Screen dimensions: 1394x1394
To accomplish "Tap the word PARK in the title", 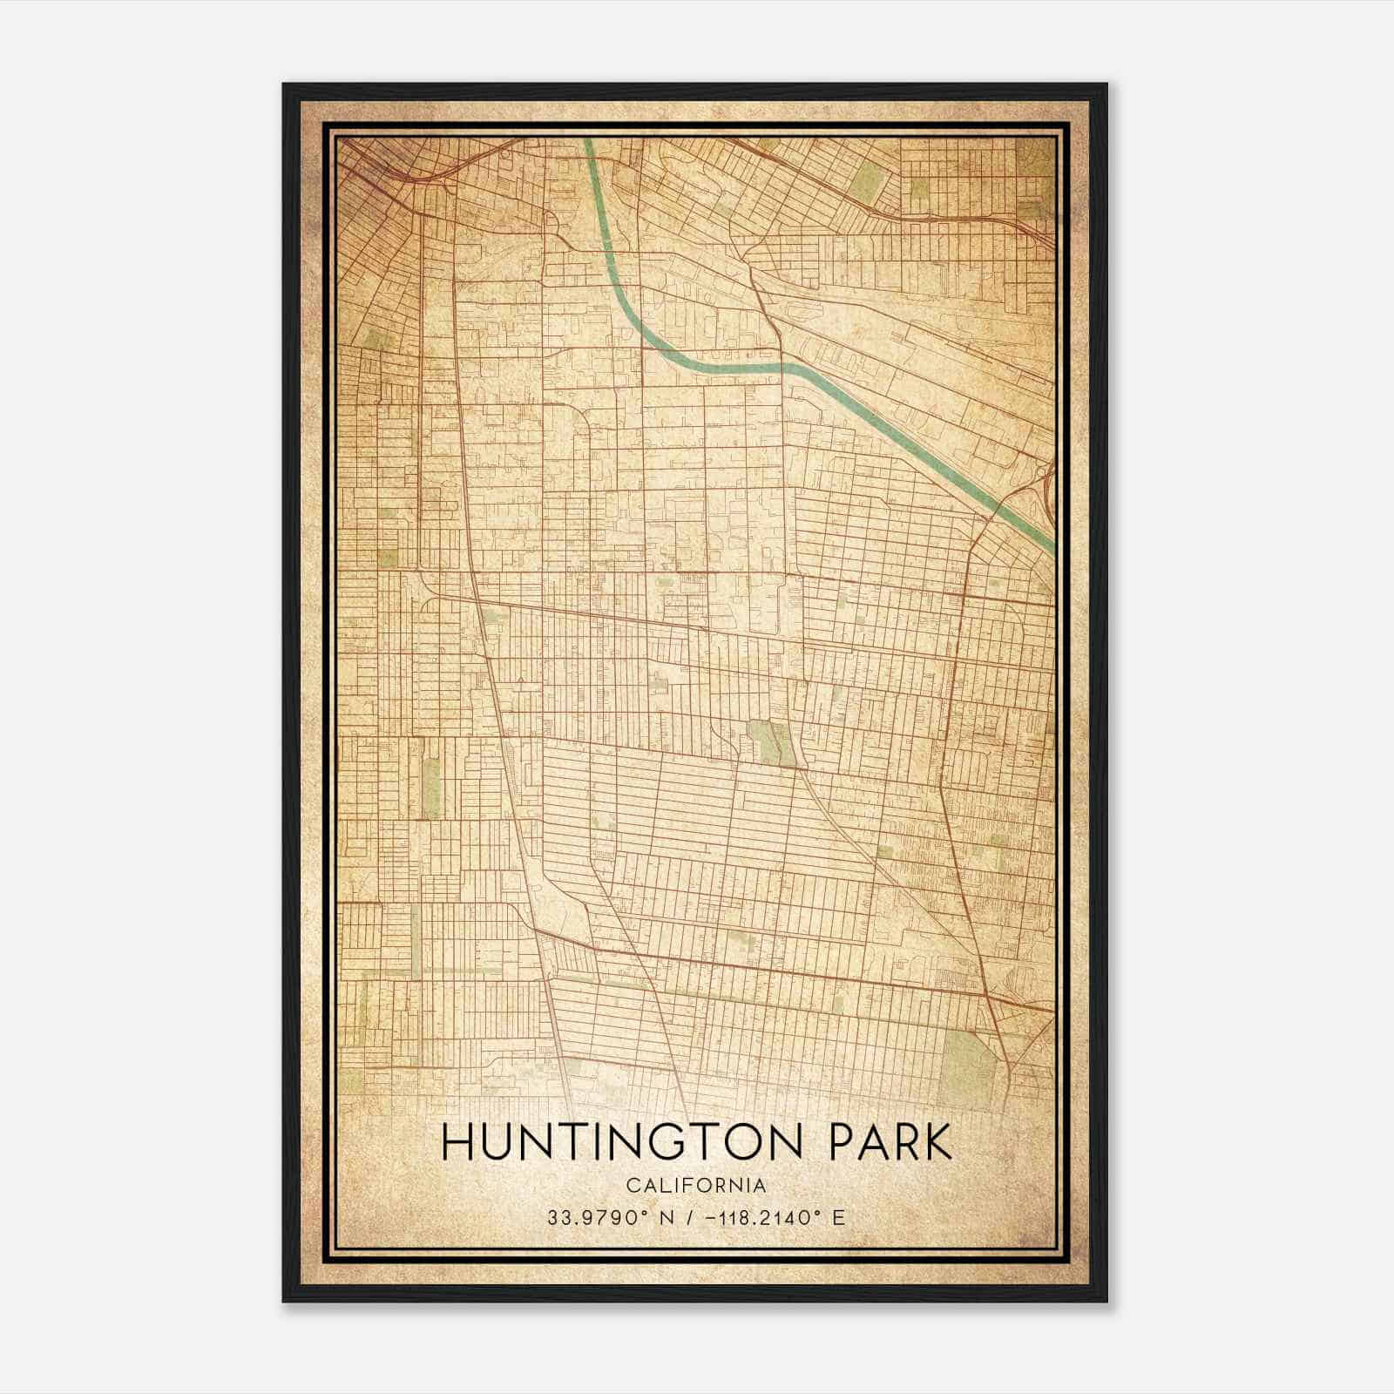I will point(881,1143).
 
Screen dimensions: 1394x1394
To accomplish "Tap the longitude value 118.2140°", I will point(761,1218).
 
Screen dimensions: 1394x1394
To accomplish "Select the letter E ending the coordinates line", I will point(838,1218).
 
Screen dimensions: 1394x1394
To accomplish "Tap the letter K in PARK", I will point(938,1143).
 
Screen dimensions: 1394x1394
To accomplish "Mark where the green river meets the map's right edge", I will point(1052,547).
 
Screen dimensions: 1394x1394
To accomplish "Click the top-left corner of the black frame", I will point(284,85).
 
